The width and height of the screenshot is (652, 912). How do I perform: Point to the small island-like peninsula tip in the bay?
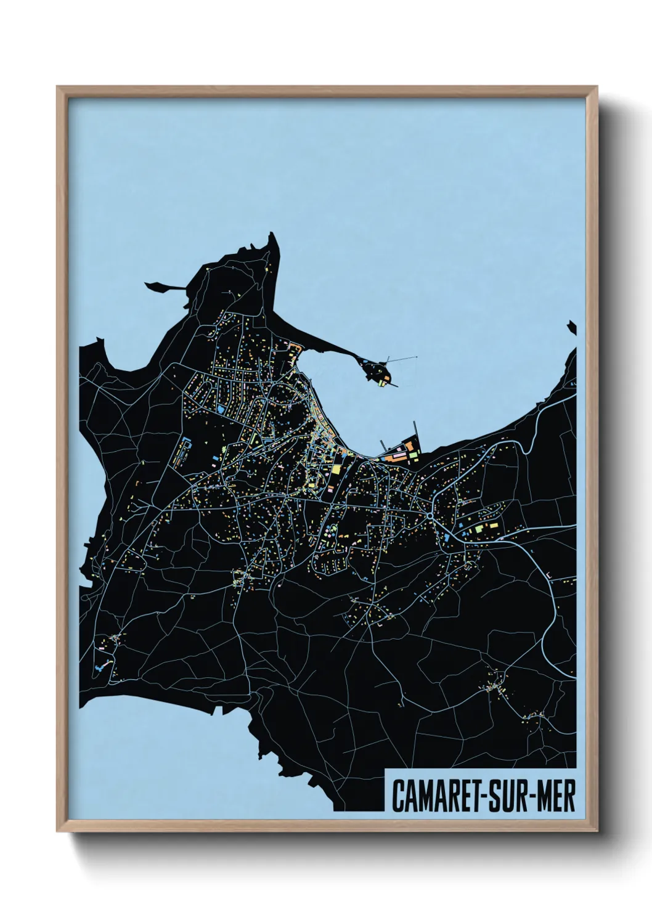pos(377,374)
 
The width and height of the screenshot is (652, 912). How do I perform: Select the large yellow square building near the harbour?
pos(336,470)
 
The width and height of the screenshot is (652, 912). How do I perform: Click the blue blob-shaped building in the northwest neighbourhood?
pos(220,409)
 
